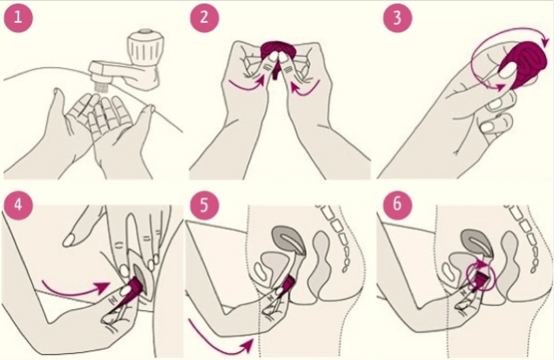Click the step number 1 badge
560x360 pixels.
coord(18,17)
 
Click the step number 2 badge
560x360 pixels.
coord(204,17)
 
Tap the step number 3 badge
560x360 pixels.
coord(397,17)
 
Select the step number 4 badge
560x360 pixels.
coord(18,205)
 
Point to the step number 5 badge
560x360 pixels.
coord(204,205)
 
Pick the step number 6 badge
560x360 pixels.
coord(397,205)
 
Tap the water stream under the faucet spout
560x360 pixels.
coord(102,88)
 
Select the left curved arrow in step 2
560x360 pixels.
coord(246,85)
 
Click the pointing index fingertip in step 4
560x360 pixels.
coord(70,239)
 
